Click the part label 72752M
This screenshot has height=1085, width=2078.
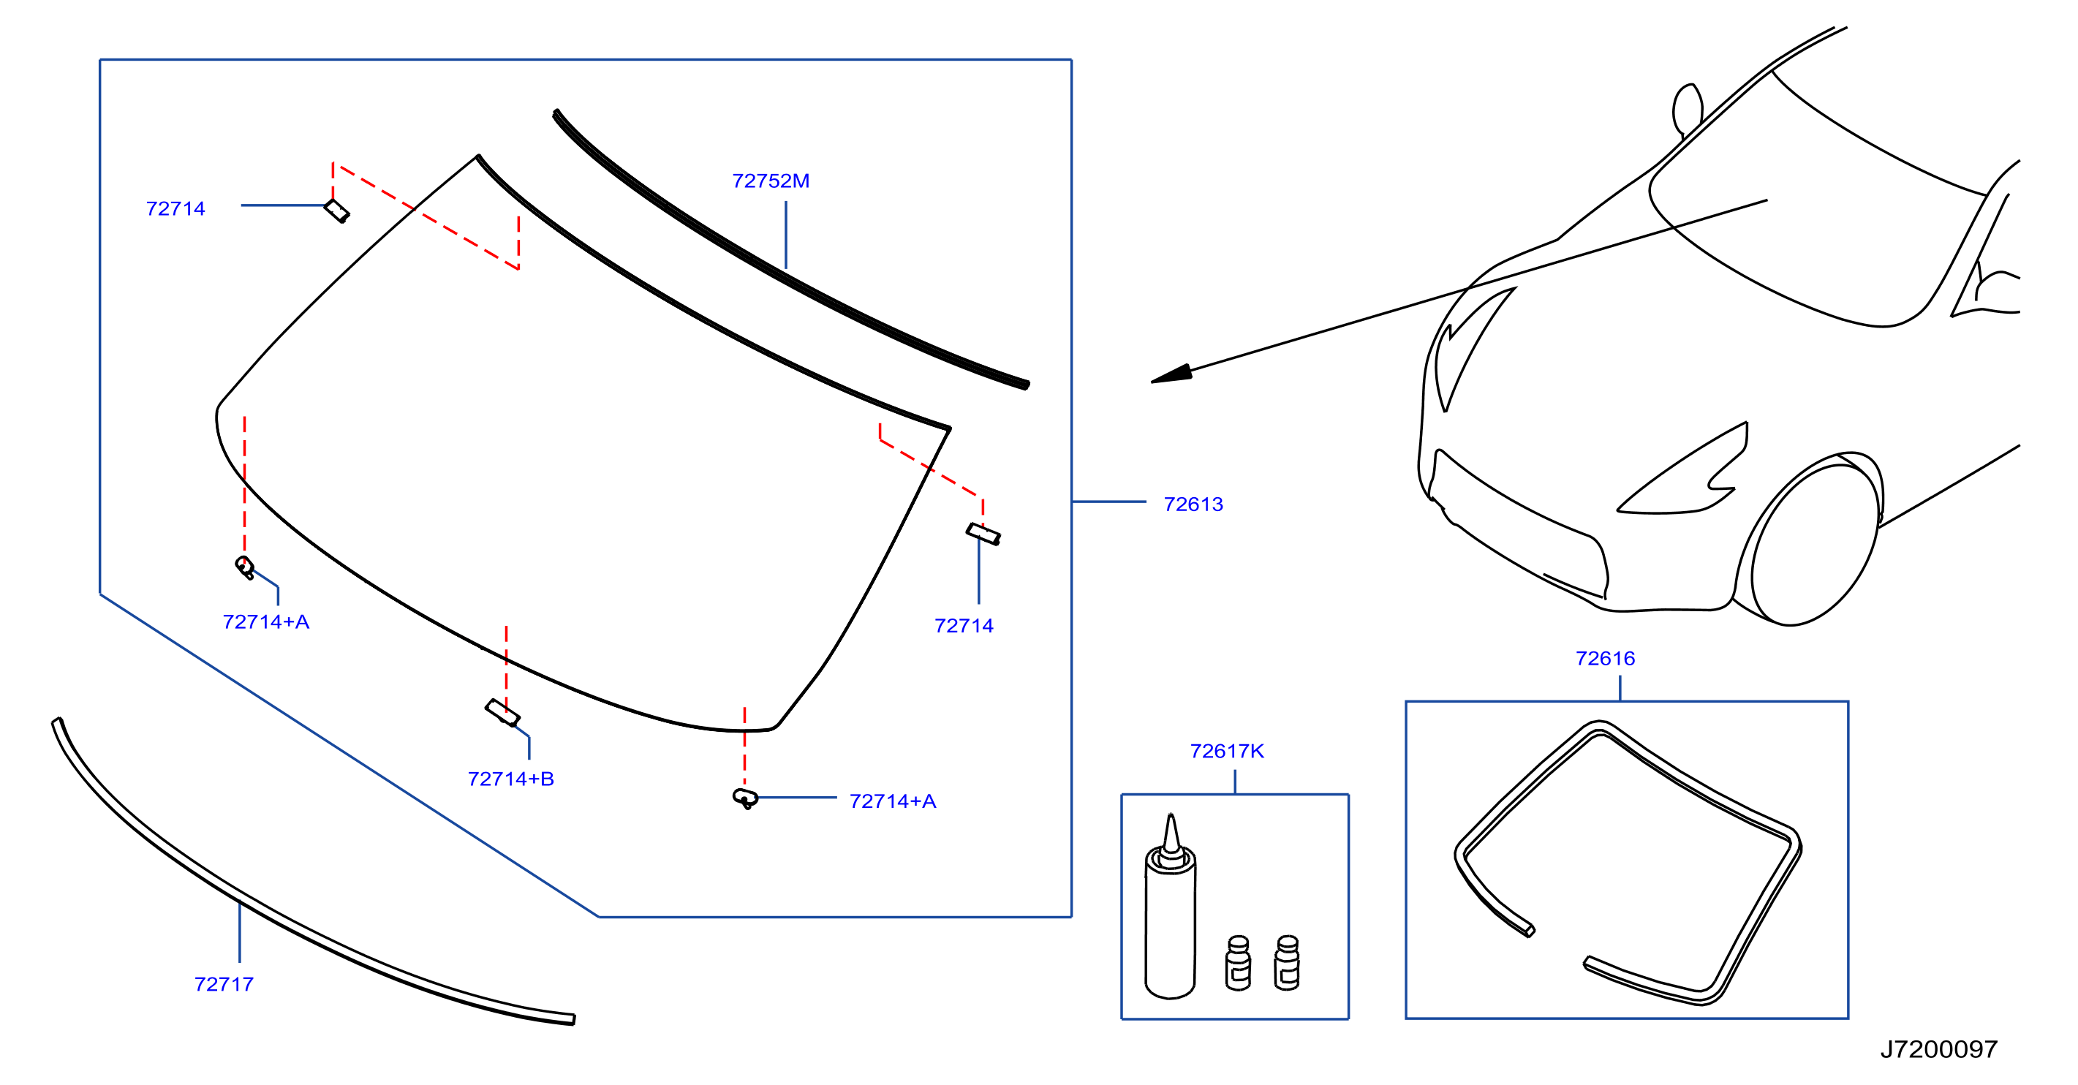click(x=771, y=181)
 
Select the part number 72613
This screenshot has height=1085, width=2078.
click(x=1193, y=504)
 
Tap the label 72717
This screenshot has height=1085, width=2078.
click(x=224, y=984)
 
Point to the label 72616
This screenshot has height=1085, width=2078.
click(x=1605, y=658)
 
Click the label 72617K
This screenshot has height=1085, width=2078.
click(x=1227, y=751)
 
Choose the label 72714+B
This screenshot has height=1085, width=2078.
click(x=510, y=779)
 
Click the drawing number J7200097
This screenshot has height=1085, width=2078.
click(x=1939, y=1048)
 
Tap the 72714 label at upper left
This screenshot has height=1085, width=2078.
click(x=175, y=208)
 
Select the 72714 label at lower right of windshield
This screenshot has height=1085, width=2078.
click(x=964, y=625)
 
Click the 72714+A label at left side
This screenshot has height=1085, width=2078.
click(x=265, y=621)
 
